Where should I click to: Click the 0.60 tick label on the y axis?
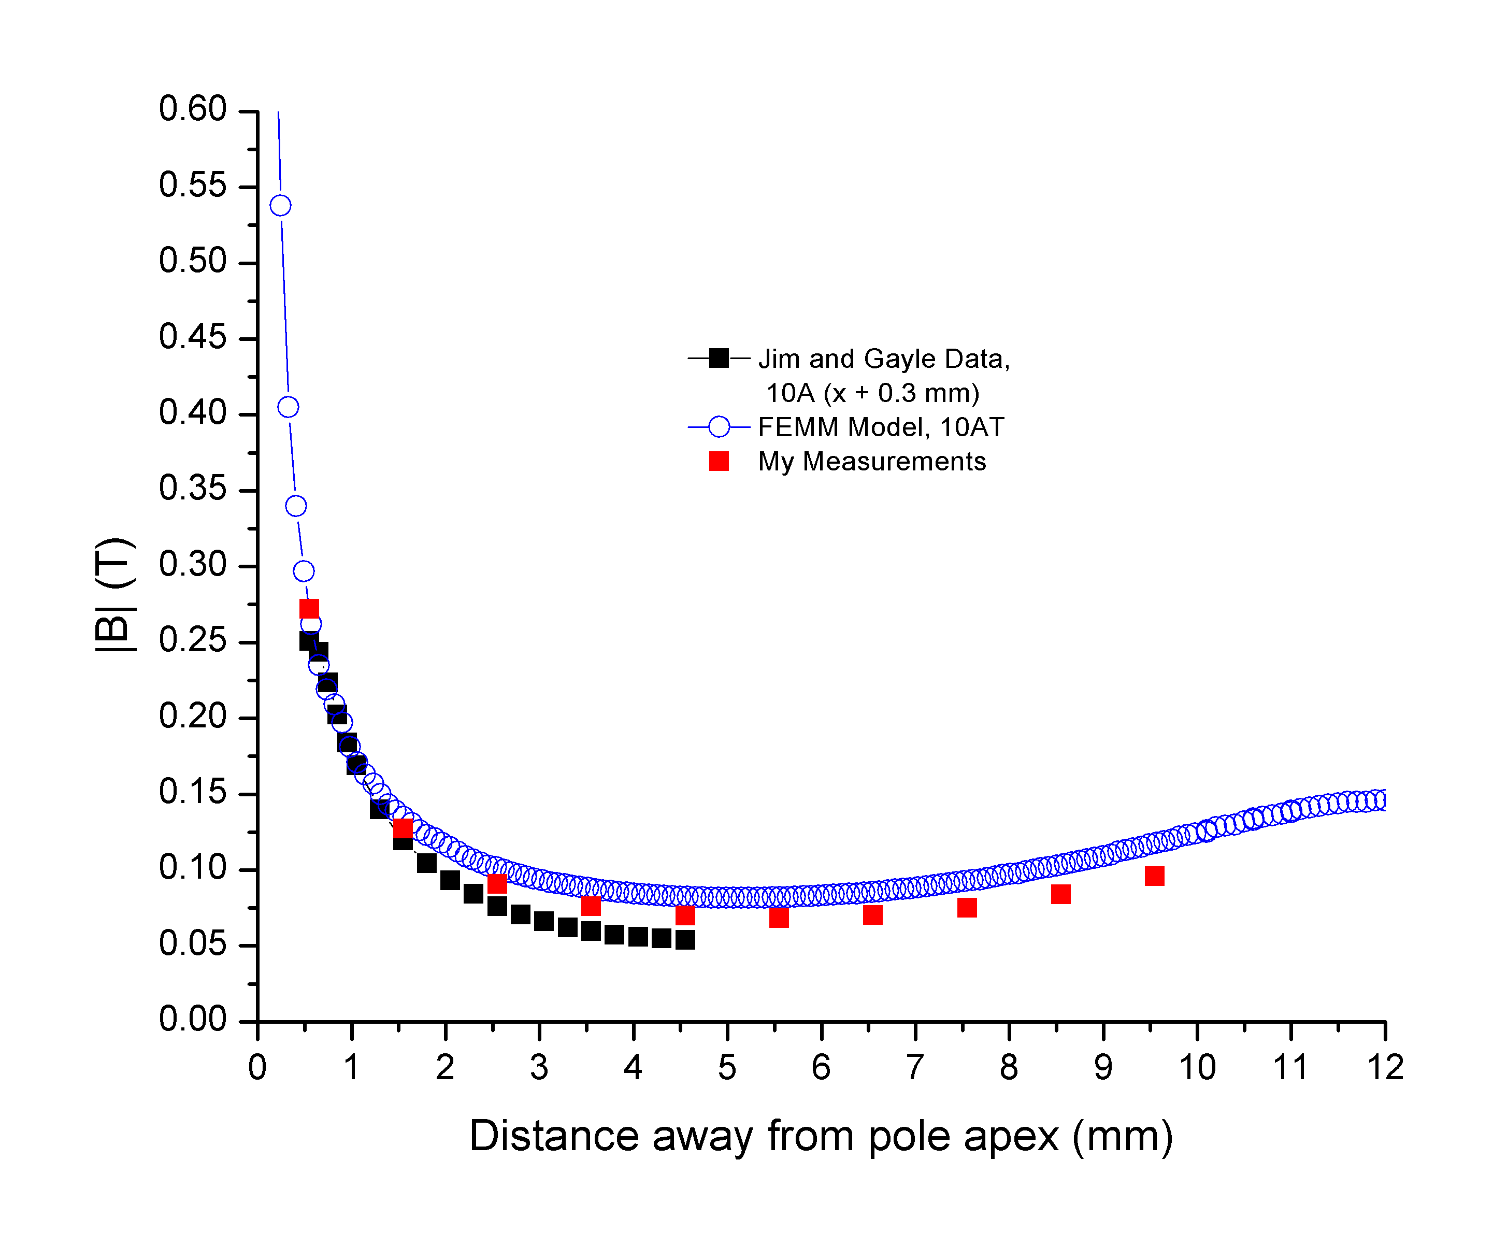pyautogui.click(x=192, y=109)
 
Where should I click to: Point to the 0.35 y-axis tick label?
pyautogui.click(x=192, y=489)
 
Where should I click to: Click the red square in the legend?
pyautogui.click(x=719, y=462)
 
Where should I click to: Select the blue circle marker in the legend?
pyautogui.click(x=719, y=427)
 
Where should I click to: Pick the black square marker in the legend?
pyautogui.click(x=719, y=359)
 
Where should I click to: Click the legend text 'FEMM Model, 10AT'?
pyautogui.click(x=881, y=427)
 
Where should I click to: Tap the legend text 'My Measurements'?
pyautogui.click(x=872, y=462)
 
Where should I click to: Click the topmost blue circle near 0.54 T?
pyautogui.click(x=280, y=206)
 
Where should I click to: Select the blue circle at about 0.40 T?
pyautogui.click(x=288, y=407)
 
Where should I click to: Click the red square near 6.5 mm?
pyautogui.click(x=872, y=914)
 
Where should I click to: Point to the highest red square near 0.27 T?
pyautogui.click(x=309, y=608)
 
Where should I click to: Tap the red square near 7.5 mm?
pyautogui.click(x=967, y=908)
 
